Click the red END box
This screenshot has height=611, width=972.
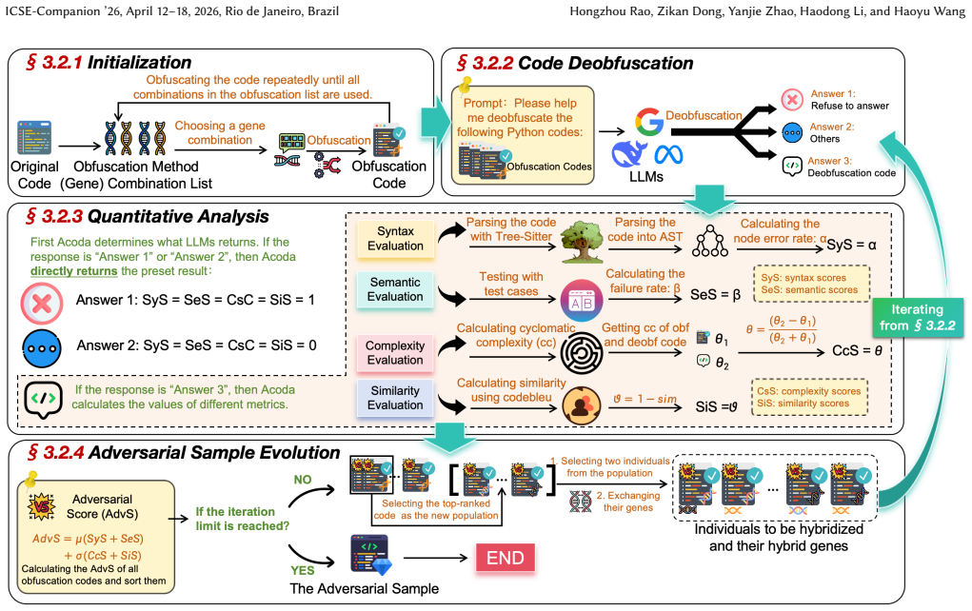coord(506,557)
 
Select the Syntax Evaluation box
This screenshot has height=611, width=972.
coord(395,239)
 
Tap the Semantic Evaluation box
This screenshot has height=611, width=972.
coord(395,289)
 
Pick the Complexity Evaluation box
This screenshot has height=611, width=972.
coord(395,352)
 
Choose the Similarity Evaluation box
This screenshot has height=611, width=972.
coord(395,398)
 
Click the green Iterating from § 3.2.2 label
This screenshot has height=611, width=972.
coord(918,317)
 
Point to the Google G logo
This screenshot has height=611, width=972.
coord(649,122)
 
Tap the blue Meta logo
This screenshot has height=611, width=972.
coord(668,154)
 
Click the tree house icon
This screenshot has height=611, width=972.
coord(582,242)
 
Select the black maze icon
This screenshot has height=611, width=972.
coord(582,353)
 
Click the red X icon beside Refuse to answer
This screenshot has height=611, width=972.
coord(792,99)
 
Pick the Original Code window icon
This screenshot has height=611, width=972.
coord(34,138)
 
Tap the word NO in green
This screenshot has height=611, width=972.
coord(303,480)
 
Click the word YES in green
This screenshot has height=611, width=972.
coord(303,570)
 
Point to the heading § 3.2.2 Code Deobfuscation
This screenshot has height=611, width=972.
coord(575,63)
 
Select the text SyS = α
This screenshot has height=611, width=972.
coord(851,245)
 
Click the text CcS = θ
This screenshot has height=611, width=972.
coord(858,351)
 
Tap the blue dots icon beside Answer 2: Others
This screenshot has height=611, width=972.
coord(792,132)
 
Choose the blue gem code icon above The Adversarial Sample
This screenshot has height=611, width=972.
coord(370,555)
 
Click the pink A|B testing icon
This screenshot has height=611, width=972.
coord(582,301)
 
